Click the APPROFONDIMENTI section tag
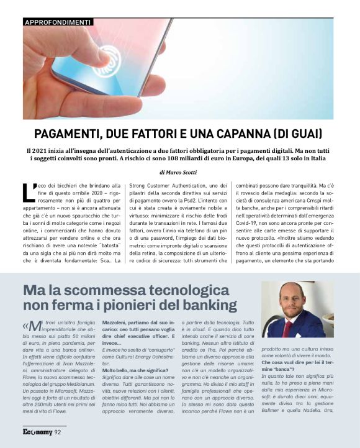(x=57, y=22)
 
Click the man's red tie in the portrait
(x=287, y=327)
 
